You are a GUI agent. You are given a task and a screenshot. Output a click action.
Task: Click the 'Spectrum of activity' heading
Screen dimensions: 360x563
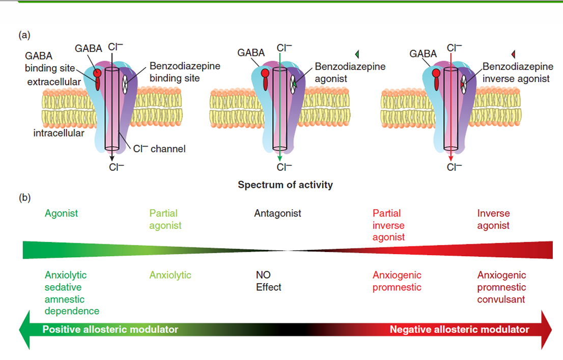(285, 184)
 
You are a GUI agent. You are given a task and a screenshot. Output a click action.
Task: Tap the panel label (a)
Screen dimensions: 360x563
(24, 36)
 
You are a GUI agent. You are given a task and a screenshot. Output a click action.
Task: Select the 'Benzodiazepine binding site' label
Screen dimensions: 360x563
(185, 72)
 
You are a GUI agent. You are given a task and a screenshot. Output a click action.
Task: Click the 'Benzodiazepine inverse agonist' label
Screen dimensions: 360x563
(517, 72)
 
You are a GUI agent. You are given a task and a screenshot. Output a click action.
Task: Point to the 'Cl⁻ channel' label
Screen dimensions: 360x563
(159, 149)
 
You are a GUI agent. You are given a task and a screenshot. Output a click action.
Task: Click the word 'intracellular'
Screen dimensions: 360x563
(59, 133)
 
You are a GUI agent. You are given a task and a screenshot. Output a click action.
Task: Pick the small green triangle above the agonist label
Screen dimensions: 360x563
(357, 53)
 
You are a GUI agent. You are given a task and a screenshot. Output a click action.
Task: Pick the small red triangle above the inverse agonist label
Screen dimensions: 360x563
(514, 53)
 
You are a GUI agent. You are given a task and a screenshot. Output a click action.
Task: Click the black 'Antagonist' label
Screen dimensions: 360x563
(277, 213)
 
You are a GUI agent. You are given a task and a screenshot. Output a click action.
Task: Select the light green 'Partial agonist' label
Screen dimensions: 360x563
(165, 219)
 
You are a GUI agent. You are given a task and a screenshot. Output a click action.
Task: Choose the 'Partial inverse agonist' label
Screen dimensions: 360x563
(388, 225)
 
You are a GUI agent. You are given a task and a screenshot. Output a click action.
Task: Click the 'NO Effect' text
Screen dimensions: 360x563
(268, 281)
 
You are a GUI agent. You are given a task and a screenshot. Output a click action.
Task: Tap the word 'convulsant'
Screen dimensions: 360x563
(500, 299)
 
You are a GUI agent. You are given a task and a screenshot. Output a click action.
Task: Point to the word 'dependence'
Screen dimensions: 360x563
(72, 311)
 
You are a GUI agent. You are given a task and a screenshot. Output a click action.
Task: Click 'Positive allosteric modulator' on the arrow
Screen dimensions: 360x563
(110, 329)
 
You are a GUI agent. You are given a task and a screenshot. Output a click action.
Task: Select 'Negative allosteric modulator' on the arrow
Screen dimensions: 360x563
(459, 329)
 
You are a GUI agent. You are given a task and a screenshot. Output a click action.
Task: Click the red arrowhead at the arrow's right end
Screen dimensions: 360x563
(547, 329)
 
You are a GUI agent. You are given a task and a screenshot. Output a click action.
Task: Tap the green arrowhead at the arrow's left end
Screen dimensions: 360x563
(24, 329)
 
